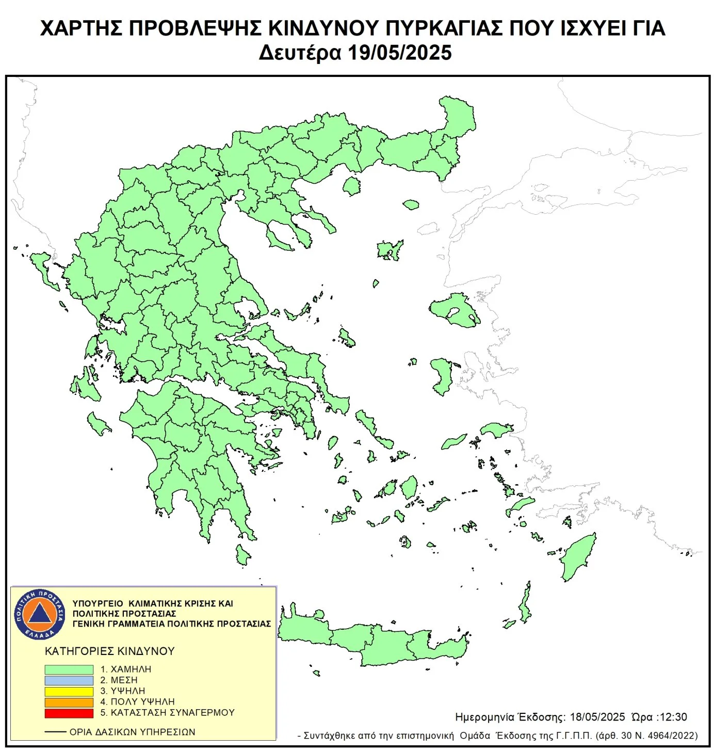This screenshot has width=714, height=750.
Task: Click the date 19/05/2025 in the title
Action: pos(399,53)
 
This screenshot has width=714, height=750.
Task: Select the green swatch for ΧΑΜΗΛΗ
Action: pos(69,669)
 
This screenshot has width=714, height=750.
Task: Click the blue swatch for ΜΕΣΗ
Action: pos(69,680)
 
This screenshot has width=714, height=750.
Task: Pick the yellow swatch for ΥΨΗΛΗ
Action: pos(69,691)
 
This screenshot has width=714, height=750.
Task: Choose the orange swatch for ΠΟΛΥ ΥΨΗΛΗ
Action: pos(69,702)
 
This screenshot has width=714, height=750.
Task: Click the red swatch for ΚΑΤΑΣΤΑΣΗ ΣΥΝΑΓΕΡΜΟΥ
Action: pos(69,713)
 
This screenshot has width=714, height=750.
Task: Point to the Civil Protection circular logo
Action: pos(40,614)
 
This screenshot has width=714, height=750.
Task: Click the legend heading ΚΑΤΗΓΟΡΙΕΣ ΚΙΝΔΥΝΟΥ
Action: pos(109,651)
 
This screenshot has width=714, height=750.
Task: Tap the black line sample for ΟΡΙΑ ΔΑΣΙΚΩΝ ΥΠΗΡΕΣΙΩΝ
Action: pos(55,732)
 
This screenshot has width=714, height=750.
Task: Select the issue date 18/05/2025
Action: pos(597,717)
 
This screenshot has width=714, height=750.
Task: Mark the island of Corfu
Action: pos(43,268)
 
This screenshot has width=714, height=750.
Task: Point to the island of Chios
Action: pos(443,376)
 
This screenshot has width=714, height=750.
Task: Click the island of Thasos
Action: pos(352,186)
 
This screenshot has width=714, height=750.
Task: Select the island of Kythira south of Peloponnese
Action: pos(242,554)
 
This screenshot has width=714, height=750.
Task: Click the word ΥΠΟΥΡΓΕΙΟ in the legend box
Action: pos(98,603)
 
